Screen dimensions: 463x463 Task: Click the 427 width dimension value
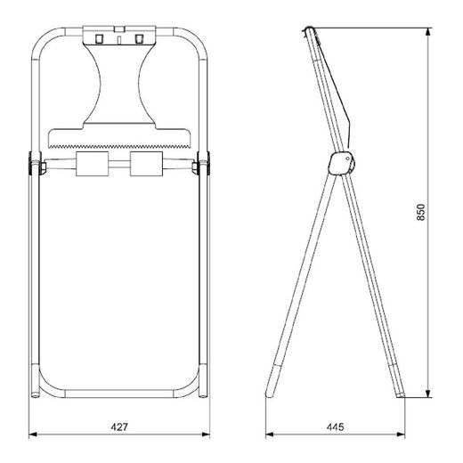pyautogui.click(x=119, y=427)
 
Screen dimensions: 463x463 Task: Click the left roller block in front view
pyautogui.click(x=93, y=164)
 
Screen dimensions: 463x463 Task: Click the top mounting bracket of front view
pyautogui.click(x=119, y=37)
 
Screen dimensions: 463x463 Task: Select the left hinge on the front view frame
pyautogui.click(x=36, y=164)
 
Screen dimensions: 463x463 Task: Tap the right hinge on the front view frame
pyautogui.click(x=204, y=164)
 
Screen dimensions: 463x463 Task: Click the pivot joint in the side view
pyautogui.click(x=340, y=162)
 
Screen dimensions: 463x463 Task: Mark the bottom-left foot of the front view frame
pyautogui.click(x=36, y=392)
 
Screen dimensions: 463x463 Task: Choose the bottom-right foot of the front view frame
pyautogui.click(x=204, y=392)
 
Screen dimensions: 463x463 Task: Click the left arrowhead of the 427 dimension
pyautogui.click(x=33, y=435)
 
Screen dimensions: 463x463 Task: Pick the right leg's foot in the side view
pyautogui.click(x=402, y=393)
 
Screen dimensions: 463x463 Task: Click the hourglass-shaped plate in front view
pyautogui.click(x=119, y=85)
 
